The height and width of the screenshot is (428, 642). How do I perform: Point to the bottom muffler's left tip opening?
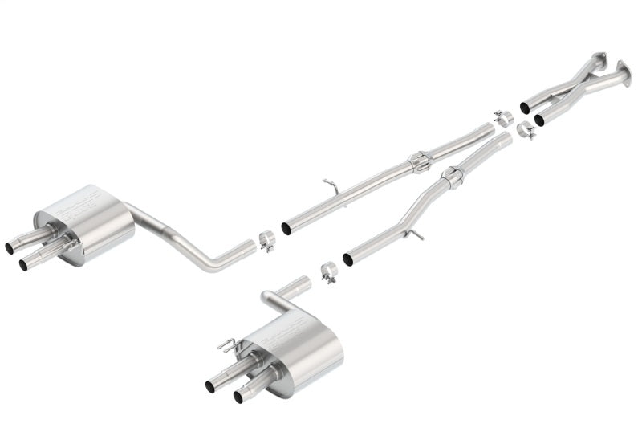point(210,386)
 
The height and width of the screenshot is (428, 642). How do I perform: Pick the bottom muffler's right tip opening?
point(238,396)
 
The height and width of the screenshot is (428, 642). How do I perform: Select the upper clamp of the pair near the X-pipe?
point(502,117)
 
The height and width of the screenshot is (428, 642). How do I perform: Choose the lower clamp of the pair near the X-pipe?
point(526,129)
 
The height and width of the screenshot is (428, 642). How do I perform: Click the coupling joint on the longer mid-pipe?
point(419,162)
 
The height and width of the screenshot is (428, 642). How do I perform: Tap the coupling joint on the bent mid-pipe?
point(453,177)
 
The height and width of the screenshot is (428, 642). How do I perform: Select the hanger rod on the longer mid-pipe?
point(331,185)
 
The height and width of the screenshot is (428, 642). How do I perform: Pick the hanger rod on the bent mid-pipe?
point(415,234)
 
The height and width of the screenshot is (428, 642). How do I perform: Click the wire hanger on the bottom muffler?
point(230,347)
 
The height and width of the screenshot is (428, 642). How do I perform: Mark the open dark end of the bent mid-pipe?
point(349,259)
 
